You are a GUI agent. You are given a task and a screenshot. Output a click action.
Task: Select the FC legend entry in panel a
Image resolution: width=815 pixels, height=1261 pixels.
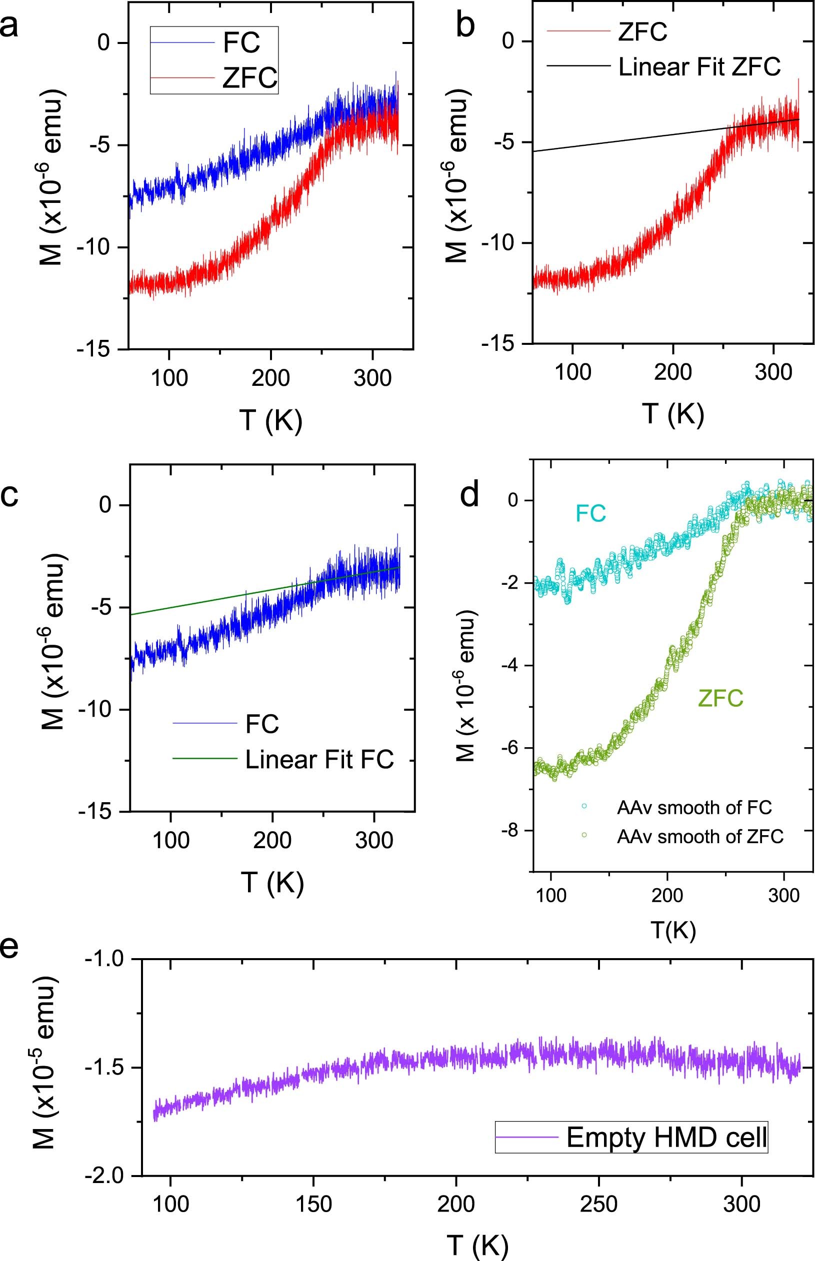[x=241, y=42]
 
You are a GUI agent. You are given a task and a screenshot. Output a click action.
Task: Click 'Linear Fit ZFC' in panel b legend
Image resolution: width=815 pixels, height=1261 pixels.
[x=699, y=66]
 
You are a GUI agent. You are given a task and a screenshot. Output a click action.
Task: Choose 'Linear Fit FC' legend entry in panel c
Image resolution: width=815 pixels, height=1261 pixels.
[x=319, y=759]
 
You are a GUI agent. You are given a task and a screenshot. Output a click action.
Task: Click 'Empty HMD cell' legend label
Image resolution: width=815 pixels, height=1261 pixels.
[x=666, y=1137]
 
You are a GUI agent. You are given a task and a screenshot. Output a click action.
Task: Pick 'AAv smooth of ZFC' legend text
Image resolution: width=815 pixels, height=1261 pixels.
[x=699, y=837]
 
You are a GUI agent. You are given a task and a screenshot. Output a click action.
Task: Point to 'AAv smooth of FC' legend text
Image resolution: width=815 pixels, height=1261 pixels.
[x=694, y=808]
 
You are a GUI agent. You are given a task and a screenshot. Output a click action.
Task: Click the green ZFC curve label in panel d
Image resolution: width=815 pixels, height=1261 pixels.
[x=720, y=698]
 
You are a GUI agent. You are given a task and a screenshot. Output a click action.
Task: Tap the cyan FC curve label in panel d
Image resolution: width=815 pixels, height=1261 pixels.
[x=590, y=513]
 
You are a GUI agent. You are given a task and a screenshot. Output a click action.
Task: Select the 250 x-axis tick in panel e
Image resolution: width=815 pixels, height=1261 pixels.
[x=598, y=1204]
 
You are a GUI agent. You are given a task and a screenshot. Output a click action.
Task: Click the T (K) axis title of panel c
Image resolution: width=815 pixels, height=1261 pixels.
[x=272, y=882]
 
